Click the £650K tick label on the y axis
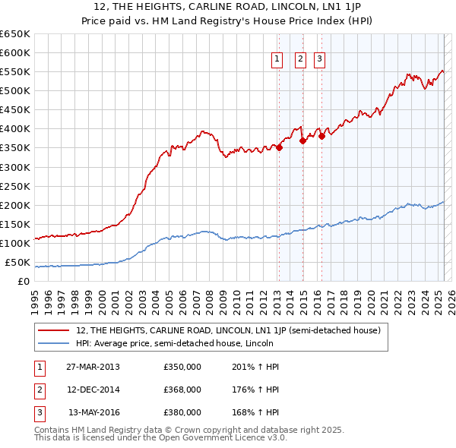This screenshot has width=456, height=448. point(15,34)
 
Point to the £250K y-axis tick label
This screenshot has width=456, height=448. point(15,186)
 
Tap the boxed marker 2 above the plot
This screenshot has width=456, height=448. point(300,59)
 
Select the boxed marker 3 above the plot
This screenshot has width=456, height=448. point(319,59)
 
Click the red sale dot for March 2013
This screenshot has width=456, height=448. point(279,148)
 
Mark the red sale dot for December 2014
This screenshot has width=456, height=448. point(302,140)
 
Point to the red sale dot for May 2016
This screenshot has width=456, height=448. point(321,137)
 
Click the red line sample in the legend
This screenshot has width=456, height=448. point(55,330)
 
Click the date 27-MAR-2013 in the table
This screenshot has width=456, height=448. point(92,367)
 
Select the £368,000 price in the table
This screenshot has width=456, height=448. point(182,390)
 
